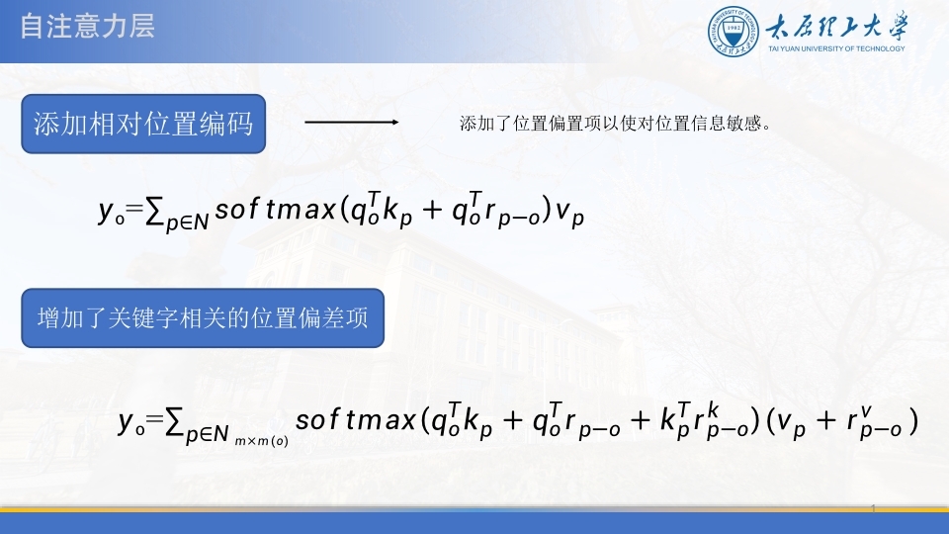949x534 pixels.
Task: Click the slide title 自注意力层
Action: pos(87,27)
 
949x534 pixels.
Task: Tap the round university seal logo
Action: pos(733,32)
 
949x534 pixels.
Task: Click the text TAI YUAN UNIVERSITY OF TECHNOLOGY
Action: pos(836,49)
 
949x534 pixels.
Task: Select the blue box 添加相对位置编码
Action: pos(143,124)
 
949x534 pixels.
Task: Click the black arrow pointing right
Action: pos(352,122)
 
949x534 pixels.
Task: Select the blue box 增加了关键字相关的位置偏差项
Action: pos(203,317)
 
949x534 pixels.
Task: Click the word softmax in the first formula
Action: pos(276,210)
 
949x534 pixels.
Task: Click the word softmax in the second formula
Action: pos(356,419)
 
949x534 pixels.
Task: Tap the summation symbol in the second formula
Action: pos(174,421)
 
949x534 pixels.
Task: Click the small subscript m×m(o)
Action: pos(261,441)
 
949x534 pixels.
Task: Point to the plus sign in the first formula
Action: pos(432,210)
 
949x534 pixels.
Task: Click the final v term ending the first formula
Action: pos(569,213)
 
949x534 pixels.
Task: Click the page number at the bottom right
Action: pos(873,508)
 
